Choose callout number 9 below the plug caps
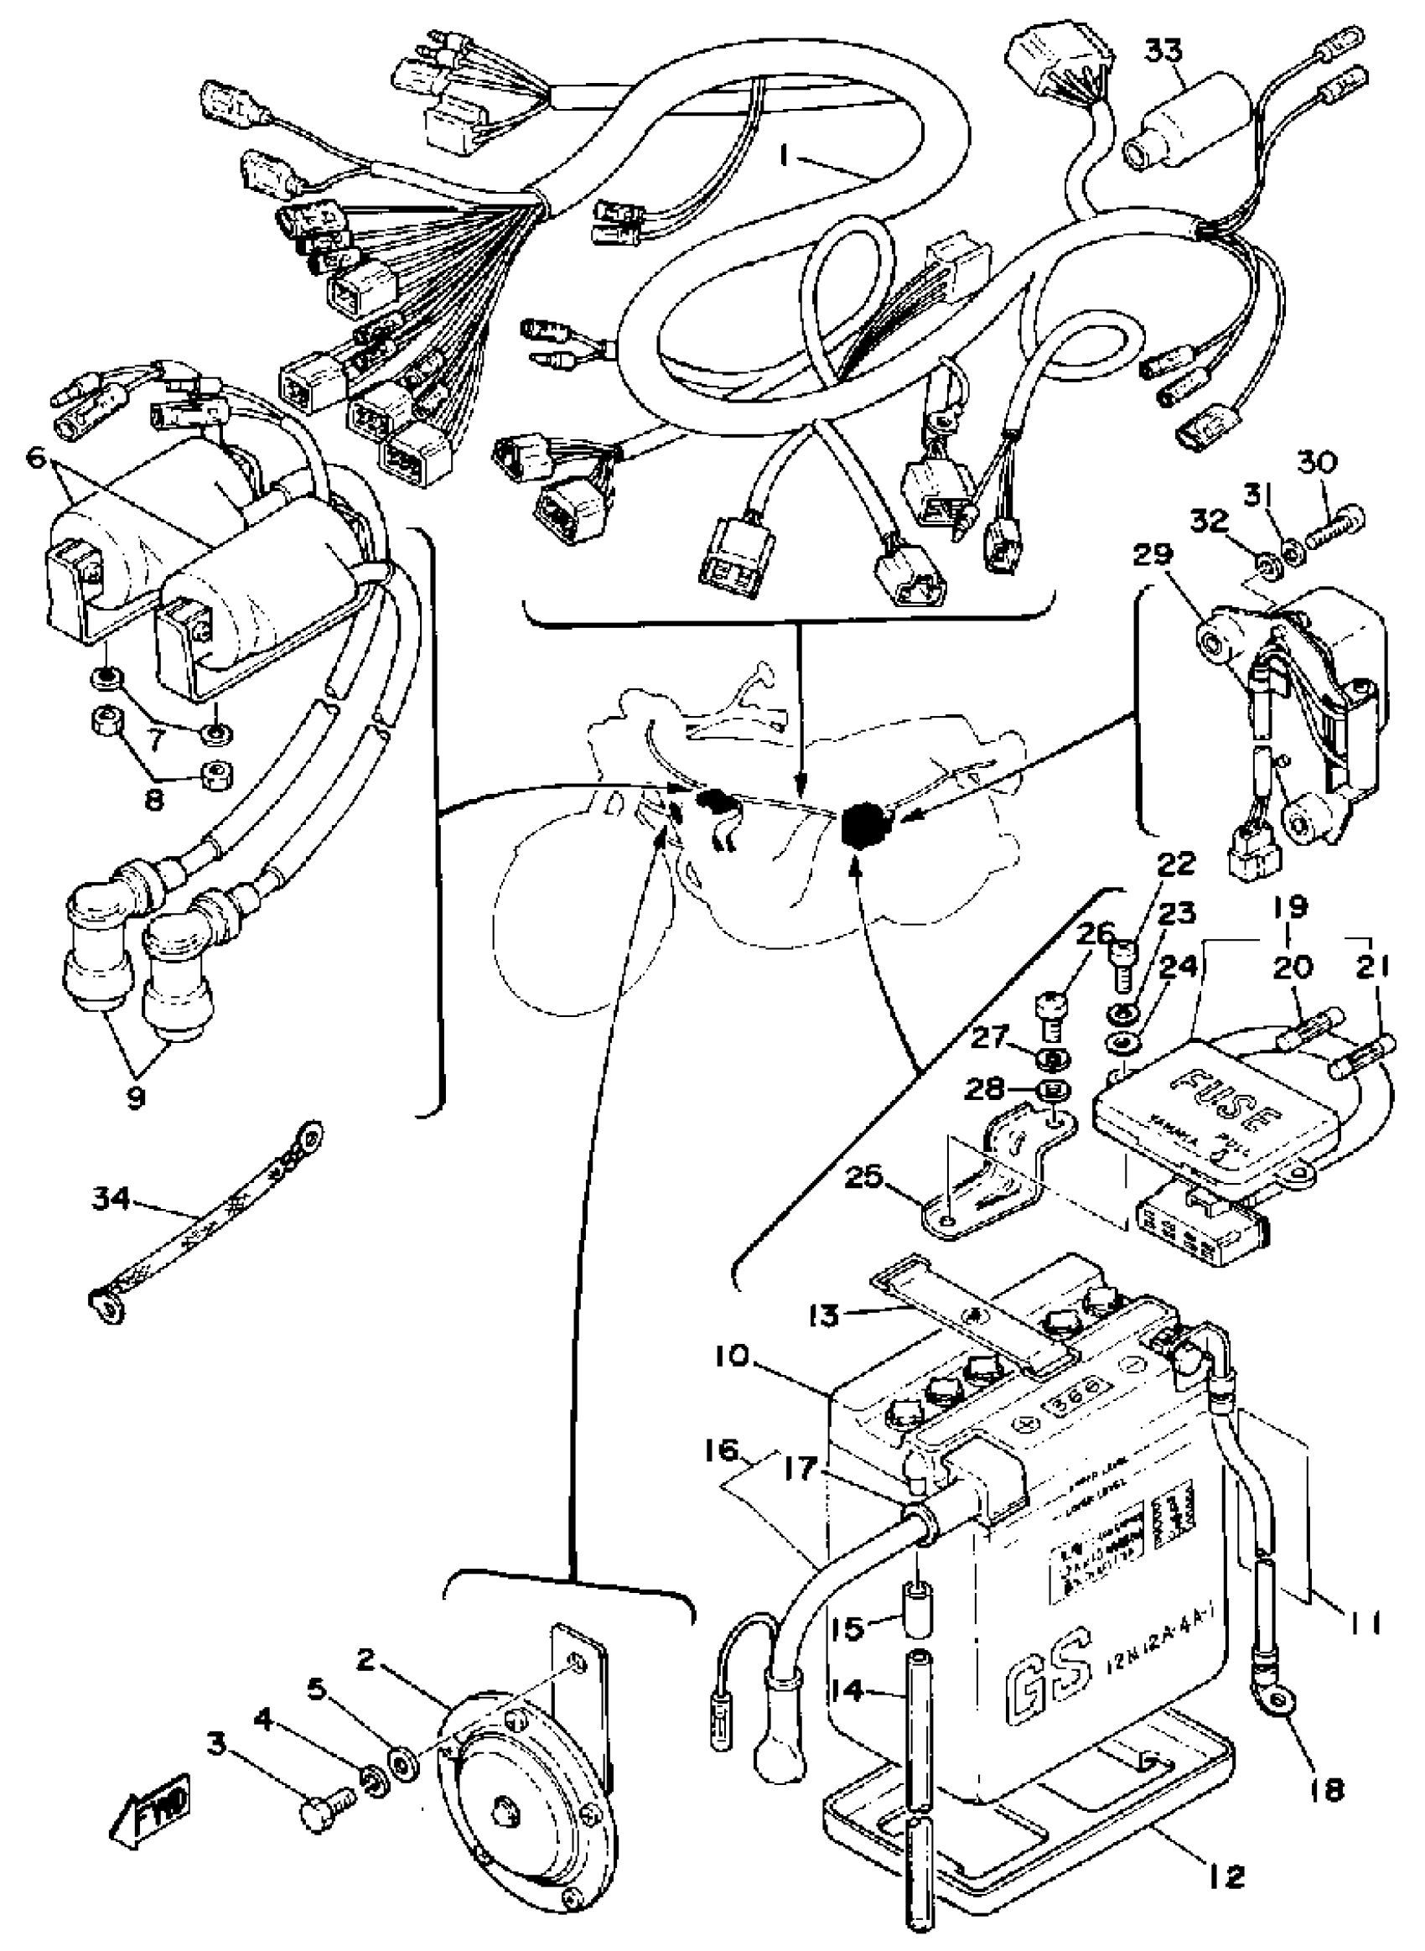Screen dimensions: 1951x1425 [137, 1098]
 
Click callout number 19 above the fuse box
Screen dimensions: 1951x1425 [1288, 908]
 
